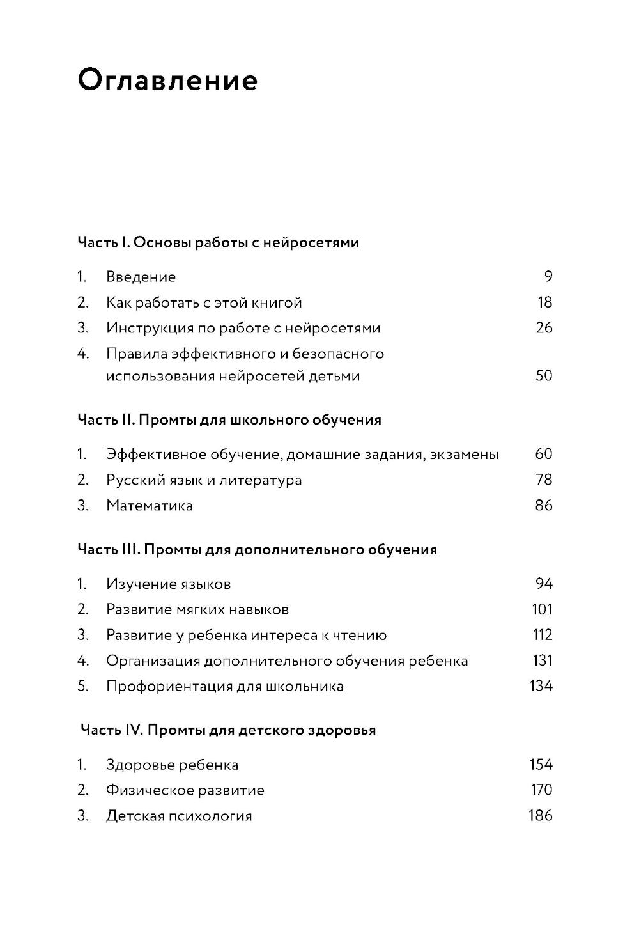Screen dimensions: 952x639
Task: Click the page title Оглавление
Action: [x=167, y=81]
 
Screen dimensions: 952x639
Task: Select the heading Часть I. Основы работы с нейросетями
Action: [x=218, y=242]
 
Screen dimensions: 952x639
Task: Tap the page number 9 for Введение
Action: [x=548, y=277]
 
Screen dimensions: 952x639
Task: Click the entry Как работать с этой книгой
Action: [x=204, y=302]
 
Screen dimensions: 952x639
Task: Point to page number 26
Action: [x=544, y=328]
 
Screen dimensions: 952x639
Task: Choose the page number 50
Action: [x=544, y=375]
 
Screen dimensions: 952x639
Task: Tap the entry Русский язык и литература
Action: [x=204, y=480]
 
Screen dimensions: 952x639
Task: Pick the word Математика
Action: [x=150, y=506]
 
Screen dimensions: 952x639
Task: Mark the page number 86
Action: [x=544, y=506]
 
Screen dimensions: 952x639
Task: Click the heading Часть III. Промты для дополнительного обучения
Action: [x=257, y=550]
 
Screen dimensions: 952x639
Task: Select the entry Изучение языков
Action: [x=169, y=584]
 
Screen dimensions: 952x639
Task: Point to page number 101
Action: [x=542, y=609]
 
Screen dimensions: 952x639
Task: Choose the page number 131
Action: [x=543, y=660]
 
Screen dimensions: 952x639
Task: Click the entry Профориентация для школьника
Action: [x=225, y=687]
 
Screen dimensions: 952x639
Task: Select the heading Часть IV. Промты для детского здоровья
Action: [x=228, y=730]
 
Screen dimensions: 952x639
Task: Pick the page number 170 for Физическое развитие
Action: [x=541, y=790]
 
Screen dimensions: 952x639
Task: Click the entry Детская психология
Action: [x=179, y=816]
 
